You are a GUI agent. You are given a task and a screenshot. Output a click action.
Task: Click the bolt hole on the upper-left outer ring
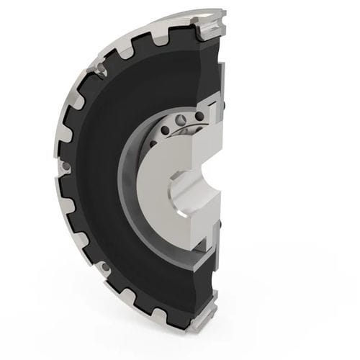(x=98, y=70)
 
